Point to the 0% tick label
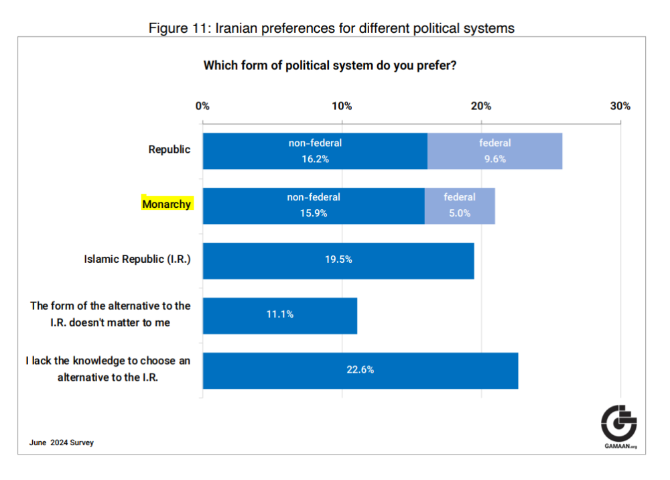(x=202, y=106)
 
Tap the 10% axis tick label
(x=342, y=106)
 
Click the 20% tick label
(x=481, y=106)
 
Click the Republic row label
(x=170, y=149)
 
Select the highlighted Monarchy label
(x=167, y=204)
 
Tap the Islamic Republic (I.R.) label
(x=137, y=259)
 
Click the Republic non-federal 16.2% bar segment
(x=315, y=151)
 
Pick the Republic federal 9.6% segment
(x=494, y=151)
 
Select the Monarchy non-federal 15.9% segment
(x=314, y=206)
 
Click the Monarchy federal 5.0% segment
(x=460, y=206)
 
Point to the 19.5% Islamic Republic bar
(x=338, y=260)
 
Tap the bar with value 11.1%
(x=279, y=314)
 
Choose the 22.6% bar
(x=360, y=369)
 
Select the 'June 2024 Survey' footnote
(x=62, y=442)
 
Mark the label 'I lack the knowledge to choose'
(x=109, y=361)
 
